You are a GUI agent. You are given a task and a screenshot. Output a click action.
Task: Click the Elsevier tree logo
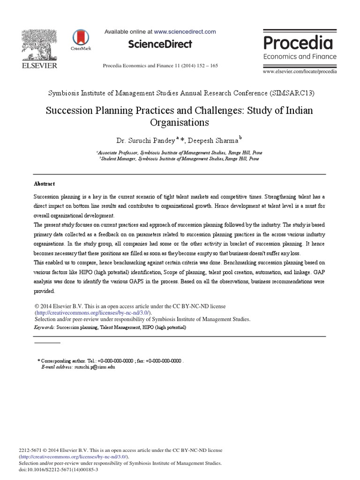40,45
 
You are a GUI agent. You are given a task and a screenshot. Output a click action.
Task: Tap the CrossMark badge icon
81,39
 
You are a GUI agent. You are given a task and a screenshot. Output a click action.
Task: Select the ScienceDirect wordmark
160,45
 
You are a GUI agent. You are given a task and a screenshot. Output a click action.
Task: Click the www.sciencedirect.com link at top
185,32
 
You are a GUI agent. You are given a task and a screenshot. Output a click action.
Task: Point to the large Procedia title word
298,43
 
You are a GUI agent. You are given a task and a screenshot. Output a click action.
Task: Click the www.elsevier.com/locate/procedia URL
300,71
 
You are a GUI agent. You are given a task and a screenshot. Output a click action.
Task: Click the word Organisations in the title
180,123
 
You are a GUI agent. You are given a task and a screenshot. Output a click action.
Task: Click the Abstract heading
44,184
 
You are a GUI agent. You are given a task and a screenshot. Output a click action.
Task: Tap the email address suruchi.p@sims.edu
94,367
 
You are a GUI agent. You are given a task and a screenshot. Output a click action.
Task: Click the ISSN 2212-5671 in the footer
29,450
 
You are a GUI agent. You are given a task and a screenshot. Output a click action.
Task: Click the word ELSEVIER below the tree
40,66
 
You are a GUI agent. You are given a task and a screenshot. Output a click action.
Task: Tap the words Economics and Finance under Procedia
300,57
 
